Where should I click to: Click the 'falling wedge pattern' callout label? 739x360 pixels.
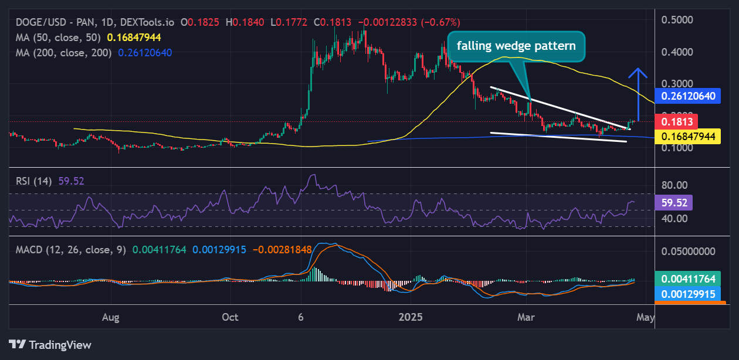tap(516, 45)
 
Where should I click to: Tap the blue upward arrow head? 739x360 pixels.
tap(638, 73)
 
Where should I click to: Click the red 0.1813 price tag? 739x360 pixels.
tap(678, 122)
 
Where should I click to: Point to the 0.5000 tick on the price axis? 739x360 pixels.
tap(677, 20)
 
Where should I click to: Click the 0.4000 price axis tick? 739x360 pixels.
tap(677, 52)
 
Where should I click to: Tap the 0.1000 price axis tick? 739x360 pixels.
tap(677, 148)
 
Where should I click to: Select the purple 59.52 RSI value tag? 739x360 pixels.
tap(674, 203)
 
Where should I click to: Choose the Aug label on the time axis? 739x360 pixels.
tap(110, 317)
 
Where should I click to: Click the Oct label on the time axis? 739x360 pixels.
tap(230, 317)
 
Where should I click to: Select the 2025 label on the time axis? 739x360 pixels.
tap(411, 317)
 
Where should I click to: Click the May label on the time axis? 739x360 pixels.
tap(645, 317)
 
